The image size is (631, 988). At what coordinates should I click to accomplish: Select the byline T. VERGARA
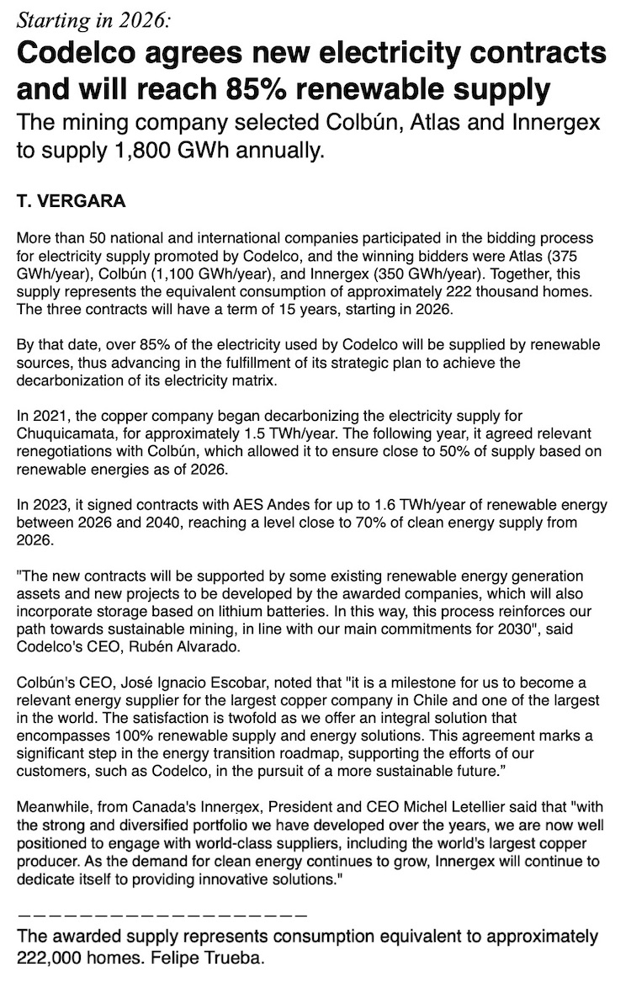71,202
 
